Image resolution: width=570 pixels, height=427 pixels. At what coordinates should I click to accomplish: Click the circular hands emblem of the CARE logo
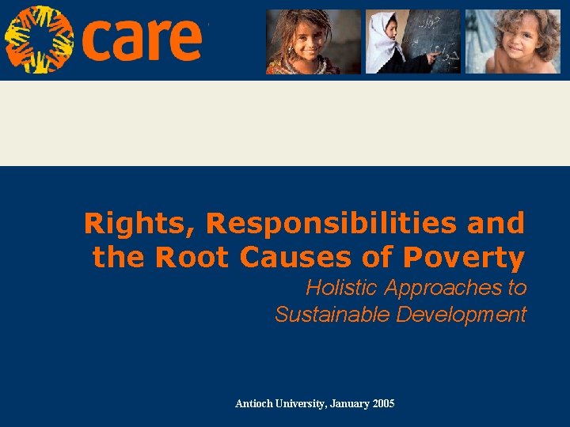tap(39, 39)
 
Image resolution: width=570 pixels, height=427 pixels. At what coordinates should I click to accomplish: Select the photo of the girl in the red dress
tap(313, 41)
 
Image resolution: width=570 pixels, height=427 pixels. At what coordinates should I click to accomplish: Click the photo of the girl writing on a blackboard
tap(412, 41)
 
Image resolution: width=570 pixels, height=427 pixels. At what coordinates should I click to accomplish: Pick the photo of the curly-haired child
tap(512, 41)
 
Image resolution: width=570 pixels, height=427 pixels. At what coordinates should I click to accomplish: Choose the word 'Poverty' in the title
tap(464, 258)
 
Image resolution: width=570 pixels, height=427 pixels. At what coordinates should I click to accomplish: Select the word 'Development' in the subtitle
tap(461, 315)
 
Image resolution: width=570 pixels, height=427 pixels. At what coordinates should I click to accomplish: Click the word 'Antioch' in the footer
tap(254, 404)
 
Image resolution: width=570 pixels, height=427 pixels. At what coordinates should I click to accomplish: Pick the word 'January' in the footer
tap(348, 404)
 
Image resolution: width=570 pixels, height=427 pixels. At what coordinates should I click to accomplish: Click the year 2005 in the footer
tap(383, 404)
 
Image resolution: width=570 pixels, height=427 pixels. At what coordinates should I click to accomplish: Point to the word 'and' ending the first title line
tap(496, 224)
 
